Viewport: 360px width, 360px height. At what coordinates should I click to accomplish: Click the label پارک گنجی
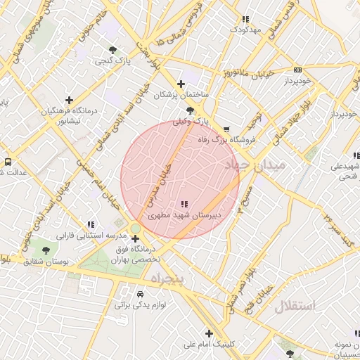pyautogui.click(x=112, y=62)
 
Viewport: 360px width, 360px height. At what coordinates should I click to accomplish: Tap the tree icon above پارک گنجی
pyautogui.click(x=112, y=49)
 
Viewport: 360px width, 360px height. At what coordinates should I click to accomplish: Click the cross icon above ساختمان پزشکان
pyautogui.click(x=181, y=83)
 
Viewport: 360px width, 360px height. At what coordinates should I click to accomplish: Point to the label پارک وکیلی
pyautogui.click(x=191, y=122)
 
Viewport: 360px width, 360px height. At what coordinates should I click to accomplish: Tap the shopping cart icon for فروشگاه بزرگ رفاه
pyautogui.click(x=226, y=129)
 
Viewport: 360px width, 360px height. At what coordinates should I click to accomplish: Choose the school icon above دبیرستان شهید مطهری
pyautogui.click(x=184, y=203)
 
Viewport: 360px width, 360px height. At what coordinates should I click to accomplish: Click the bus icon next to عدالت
pyautogui.click(x=8, y=161)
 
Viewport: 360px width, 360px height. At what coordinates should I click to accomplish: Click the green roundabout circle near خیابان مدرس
pyautogui.click(x=134, y=228)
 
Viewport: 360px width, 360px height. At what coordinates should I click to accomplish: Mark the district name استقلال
pyautogui.click(x=295, y=306)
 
